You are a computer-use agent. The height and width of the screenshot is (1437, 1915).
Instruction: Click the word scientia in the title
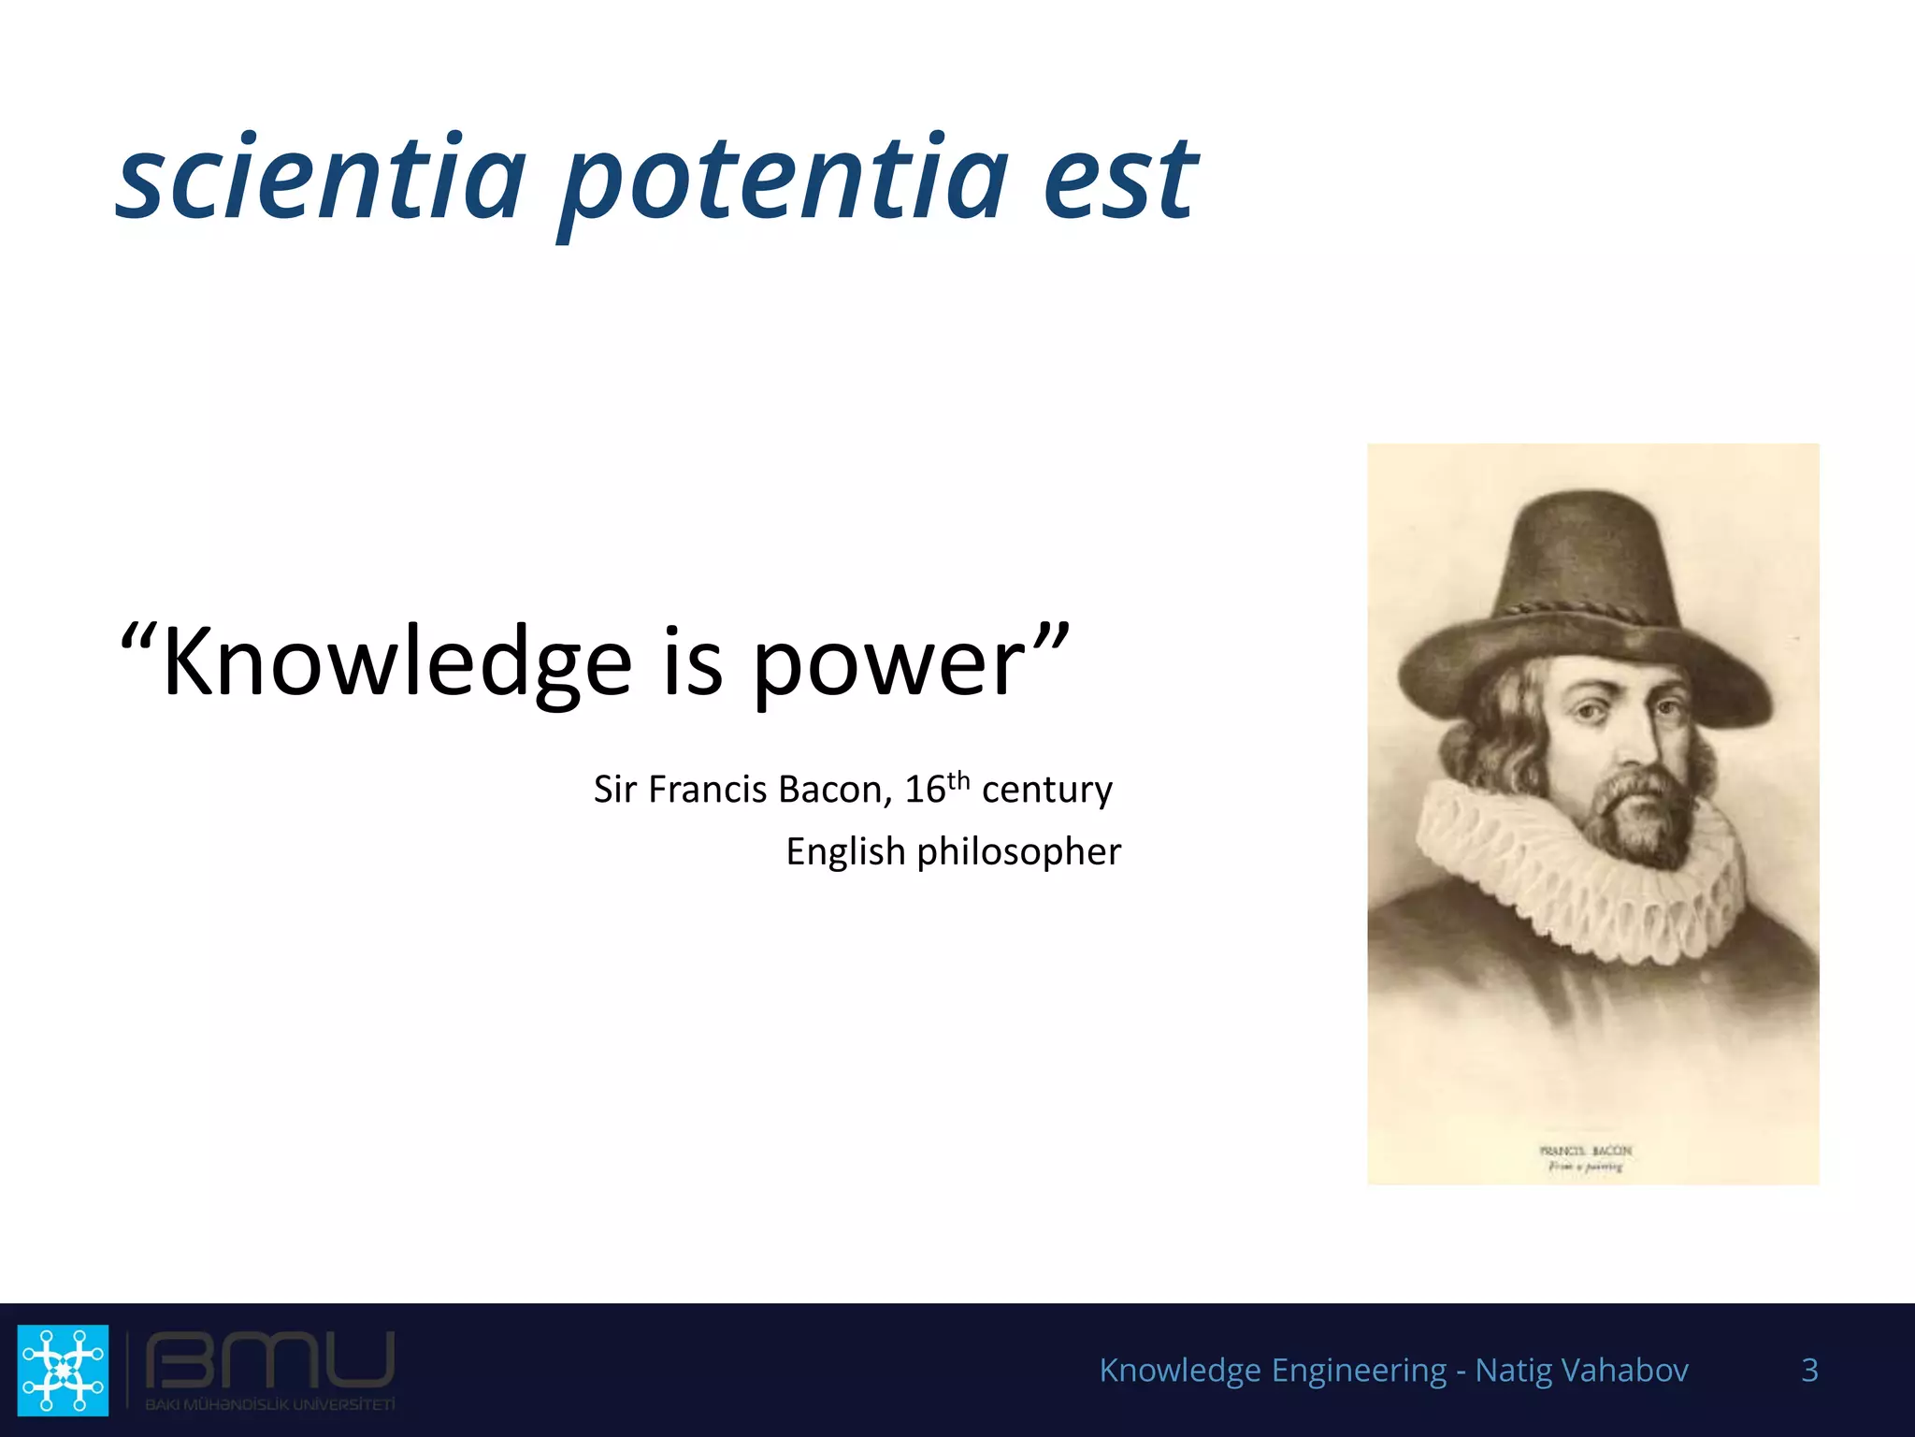[x=321, y=178]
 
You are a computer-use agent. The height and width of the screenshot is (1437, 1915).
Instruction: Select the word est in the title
[x=1119, y=178]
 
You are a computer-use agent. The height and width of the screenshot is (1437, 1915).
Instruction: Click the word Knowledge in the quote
[x=397, y=662]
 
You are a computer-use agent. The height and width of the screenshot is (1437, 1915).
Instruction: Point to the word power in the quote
[x=888, y=666]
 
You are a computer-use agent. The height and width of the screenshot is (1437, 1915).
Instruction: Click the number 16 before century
[x=925, y=790]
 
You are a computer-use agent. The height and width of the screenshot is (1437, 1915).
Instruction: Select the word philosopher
[x=1018, y=852]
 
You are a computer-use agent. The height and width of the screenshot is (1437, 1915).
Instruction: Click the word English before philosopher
[x=845, y=852]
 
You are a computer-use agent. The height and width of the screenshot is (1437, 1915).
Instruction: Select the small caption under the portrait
[x=1586, y=1158]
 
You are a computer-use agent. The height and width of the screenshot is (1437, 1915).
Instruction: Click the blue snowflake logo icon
[x=64, y=1369]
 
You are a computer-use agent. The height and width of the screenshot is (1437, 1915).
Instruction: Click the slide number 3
[x=1809, y=1370]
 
